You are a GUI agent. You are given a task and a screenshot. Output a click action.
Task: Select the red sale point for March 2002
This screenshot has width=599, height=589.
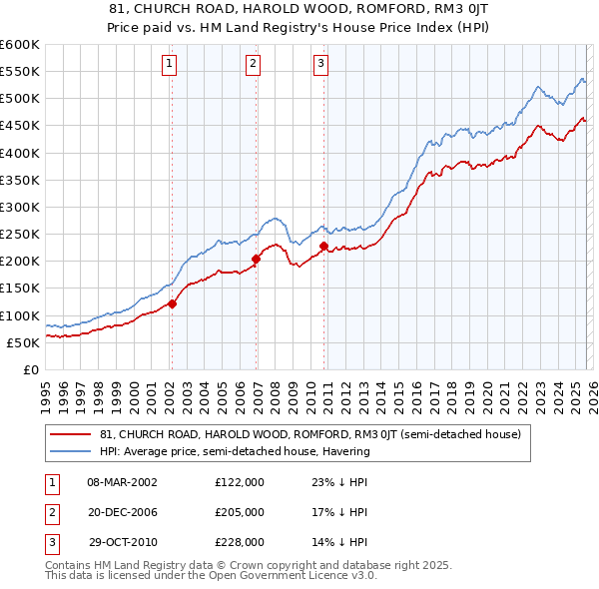click(x=172, y=303)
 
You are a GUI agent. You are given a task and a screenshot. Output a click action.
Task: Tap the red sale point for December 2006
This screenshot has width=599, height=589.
click(x=257, y=259)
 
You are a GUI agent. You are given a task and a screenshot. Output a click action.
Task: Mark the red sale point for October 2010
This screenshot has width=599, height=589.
click(x=324, y=246)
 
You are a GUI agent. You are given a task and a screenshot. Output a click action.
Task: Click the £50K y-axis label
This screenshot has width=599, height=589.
click(x=24, y=342)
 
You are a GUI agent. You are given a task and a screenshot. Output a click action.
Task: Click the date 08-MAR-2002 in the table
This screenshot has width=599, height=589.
click(x=122, y=481)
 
